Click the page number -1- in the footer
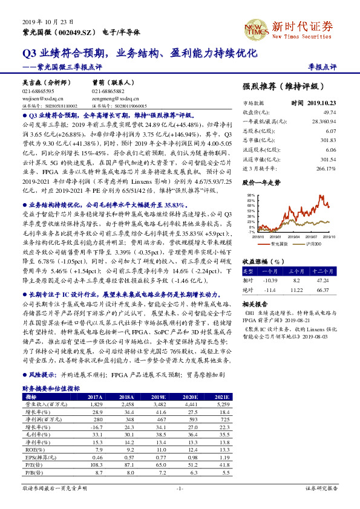coord(180,488)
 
